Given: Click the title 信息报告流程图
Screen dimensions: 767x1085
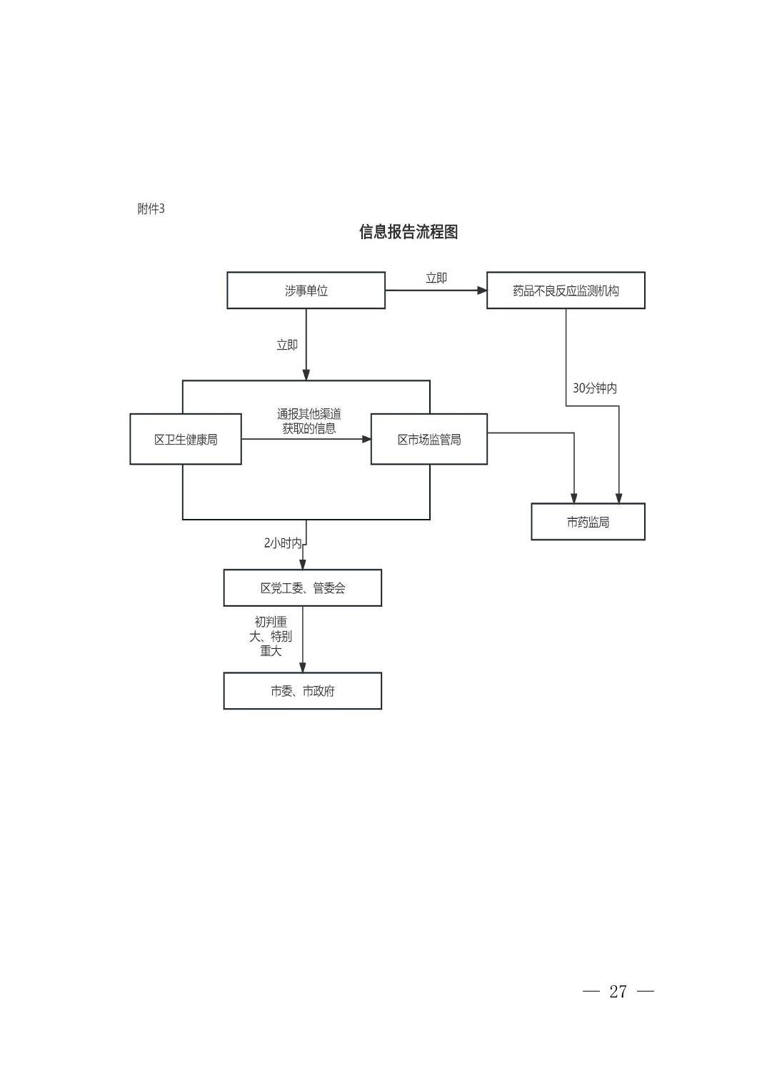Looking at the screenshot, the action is click(408, 231).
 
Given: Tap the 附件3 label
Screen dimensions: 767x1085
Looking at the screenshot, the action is click(151, 208).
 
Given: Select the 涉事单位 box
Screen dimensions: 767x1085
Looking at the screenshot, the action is click(306, 290).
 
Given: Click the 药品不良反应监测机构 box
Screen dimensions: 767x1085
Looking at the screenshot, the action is click(566, 290).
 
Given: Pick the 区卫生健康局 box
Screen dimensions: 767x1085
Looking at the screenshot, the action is click(186, 439).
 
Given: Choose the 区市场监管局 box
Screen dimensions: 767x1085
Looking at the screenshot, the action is click(428, 439).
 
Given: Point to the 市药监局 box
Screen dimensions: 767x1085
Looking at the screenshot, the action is click(588, 522).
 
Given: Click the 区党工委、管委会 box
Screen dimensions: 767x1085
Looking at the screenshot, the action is click(302, 587).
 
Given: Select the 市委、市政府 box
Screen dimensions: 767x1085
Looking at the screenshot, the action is click(302, 691).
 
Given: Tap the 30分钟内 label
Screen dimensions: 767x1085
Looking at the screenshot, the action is click(594, 388).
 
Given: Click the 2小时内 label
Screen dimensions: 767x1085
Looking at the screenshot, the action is click(283, 543).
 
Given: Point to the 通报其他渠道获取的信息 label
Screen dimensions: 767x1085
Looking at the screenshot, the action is click(309, 421).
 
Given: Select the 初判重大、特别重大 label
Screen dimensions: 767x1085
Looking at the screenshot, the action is click(271, 636).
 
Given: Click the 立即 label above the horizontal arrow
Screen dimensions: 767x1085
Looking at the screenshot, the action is click(436, 278).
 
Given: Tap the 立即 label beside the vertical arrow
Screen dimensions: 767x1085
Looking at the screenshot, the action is click(287, 345).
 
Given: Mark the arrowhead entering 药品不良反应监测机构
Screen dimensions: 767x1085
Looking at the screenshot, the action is click(482, 290).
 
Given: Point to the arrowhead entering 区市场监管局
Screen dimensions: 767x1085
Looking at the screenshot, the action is click(366, 439).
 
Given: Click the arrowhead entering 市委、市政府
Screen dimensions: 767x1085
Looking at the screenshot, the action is click(302, 667).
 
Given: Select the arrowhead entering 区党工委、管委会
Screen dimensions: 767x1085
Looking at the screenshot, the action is click(302, 565).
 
